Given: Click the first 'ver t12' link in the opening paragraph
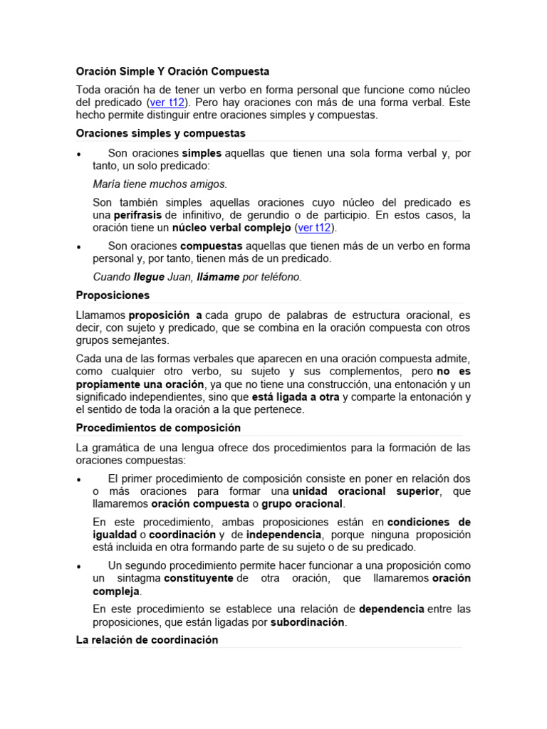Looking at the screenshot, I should [165, 103].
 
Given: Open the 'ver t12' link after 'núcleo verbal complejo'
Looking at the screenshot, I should [314, 228].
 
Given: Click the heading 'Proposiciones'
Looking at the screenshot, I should [113, 295].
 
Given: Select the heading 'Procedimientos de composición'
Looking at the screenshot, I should [158, 428].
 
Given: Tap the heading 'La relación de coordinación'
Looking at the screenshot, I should [147, 639].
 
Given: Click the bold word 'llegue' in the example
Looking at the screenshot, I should [149, 277].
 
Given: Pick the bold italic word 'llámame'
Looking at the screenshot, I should [218, 277].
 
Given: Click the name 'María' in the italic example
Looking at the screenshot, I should [106, 184].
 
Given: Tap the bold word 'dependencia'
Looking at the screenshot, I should [392, 609].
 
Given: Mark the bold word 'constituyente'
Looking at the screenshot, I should [198, 579].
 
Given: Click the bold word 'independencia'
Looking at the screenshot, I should [283, 535].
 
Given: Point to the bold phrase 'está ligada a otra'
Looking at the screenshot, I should [294, 397].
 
